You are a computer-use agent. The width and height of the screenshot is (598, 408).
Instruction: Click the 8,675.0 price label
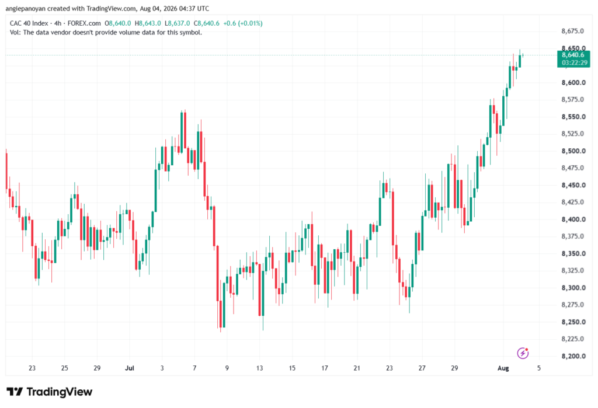coord(572,32)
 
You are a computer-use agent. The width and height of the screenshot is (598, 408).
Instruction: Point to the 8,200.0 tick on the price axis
coord(573,356)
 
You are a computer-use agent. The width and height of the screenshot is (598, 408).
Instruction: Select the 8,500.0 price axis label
coord(573,151)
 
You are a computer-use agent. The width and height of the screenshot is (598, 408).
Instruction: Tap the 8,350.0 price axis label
coord(573,253)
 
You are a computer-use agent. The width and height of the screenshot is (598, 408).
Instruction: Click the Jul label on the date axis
coord(130,368)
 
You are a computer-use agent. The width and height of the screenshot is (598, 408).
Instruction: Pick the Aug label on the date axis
coord(503,368)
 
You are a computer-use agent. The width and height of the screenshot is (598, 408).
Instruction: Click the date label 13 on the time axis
coord(259,368)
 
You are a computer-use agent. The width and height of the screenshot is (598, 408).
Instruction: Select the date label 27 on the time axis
coord(422,368)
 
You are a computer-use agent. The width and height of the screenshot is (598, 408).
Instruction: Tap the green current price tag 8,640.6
coord(573,55)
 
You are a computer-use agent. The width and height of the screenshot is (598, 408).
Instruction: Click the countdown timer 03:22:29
coord(575,62)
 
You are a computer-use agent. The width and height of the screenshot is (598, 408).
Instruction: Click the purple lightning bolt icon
coord(523,353)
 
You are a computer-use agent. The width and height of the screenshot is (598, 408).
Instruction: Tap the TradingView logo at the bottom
coord(49,392)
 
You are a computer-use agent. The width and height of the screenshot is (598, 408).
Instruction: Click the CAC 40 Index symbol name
coord(29,23)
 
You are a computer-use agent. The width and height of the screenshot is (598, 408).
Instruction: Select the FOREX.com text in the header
coord(84,23)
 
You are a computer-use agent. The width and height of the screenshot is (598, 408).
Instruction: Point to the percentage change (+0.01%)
coord(250,23)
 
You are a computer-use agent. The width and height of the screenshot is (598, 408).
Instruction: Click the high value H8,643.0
coord(148,23)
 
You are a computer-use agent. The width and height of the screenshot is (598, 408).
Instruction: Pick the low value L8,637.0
coord(177,23)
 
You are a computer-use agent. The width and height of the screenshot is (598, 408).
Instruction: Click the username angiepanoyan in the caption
coord(25,8)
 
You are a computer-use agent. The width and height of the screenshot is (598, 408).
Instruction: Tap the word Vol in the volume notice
coord(15,33)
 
